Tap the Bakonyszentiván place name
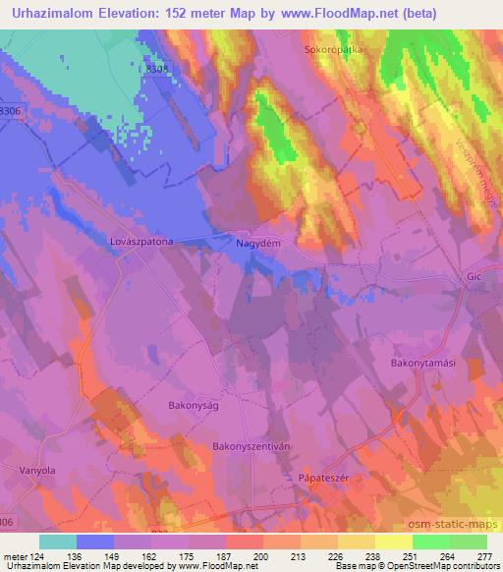252,445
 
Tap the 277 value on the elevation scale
479,555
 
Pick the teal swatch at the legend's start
58,542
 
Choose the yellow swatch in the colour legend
394,542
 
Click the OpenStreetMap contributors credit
446,566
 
